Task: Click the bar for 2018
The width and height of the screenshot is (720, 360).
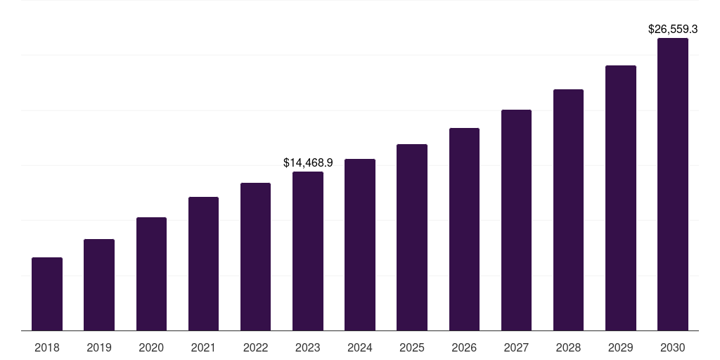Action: coord(47,294)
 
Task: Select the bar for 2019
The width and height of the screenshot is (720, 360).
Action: coord(99,285)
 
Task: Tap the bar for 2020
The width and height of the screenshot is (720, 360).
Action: coord(151,274)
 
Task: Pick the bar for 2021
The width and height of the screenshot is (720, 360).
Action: coord(203,264)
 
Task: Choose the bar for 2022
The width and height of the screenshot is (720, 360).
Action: coord(255,257)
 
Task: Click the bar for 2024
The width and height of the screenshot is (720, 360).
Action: coord(360,245)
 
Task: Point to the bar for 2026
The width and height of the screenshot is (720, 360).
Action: coord(464,229)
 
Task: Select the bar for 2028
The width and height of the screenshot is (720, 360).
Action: coord(568,210)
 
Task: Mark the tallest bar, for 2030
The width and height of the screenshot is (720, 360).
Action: coord(673,184)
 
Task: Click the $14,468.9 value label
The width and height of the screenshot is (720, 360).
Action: coord(308,162)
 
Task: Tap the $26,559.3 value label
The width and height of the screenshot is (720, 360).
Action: coord(673,29)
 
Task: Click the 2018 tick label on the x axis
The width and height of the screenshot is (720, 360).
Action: coord(47,347)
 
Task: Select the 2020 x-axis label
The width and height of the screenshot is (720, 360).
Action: coord(151,347)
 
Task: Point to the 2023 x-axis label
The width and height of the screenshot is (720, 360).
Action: coord(308,347)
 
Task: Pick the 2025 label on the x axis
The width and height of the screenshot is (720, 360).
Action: coord(412,347)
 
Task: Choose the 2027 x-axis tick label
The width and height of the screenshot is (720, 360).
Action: coord(516,347)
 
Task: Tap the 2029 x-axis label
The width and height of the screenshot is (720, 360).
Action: coord(621,347)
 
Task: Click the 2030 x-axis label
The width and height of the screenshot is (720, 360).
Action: coord(673,347)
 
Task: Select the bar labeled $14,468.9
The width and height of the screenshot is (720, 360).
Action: coord(308,251)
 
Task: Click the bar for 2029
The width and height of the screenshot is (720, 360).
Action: coord(621,198)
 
